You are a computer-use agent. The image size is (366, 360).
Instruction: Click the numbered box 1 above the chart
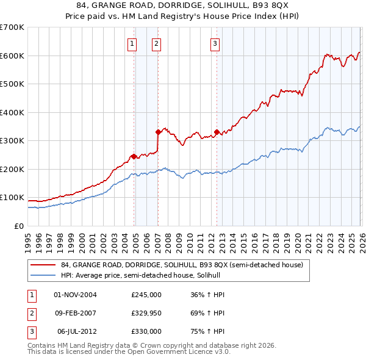(132, 43)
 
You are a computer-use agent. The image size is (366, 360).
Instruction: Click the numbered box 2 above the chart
(156, 43)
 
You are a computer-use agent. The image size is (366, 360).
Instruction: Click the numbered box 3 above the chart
(215, 43)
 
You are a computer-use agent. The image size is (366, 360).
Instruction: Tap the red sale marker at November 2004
(134, 156)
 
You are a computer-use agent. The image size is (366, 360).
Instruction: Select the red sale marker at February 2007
(158, 132)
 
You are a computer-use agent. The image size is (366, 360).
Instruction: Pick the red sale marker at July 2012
(217, 132)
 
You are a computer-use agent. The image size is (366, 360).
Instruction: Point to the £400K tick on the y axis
(12, 112)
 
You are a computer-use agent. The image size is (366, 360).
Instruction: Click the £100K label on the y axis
(12, 197)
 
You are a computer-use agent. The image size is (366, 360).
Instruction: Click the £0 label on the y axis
(18, 226)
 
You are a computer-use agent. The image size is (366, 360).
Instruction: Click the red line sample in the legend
(43, 265)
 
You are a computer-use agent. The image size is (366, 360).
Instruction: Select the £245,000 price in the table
(146, 295)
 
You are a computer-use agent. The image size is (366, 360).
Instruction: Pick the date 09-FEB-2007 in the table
(76, 313)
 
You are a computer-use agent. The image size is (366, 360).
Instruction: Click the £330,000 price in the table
(146, 331)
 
